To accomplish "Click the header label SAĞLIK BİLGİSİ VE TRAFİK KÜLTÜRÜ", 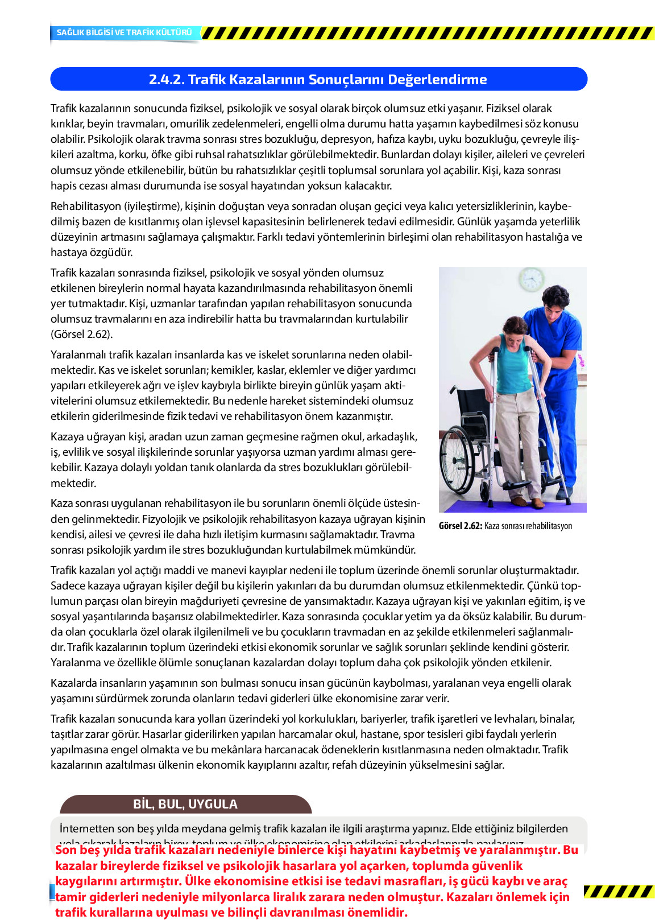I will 124,32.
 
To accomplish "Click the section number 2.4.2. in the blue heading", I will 167,80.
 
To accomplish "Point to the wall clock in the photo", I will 531,279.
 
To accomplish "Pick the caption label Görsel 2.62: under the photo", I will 460,526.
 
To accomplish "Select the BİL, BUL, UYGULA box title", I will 185,804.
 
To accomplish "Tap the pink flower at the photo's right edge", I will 581,360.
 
